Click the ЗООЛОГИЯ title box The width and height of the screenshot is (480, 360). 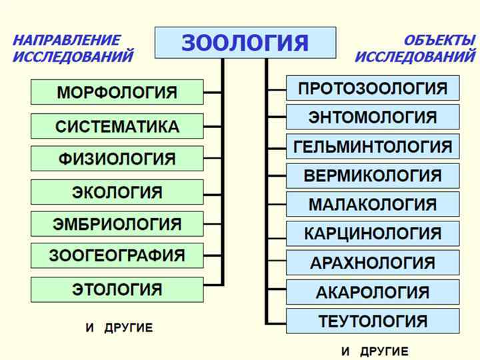[245, 43]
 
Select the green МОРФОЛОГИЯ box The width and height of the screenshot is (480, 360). [117, 92]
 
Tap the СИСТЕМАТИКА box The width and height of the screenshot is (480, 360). [117, 126]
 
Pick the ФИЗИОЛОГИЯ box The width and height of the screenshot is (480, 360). [117, 159]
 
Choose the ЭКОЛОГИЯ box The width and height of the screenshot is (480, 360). [117, 192]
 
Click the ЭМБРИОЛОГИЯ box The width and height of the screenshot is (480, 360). [117, 224]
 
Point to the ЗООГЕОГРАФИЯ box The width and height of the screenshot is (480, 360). [117, 255]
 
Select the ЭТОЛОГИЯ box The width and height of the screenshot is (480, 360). [117, 289]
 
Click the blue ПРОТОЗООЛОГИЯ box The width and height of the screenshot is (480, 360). [372, 88]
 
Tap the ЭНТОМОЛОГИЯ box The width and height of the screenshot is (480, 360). [372, 117]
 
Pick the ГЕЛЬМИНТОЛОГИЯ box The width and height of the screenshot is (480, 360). [372, 146]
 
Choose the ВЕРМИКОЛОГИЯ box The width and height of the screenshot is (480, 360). [372, 175]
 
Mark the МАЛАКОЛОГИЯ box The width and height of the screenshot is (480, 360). [372, 204]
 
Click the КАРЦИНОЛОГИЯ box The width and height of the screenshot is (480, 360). [372, 233]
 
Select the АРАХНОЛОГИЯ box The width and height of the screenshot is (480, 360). [372, 263]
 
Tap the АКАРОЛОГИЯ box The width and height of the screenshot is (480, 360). [372, 292]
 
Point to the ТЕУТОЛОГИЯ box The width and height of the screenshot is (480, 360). [372, 321]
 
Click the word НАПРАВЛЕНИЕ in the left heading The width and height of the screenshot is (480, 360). [67, 41]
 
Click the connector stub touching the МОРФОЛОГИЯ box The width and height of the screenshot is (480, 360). [213, 92]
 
